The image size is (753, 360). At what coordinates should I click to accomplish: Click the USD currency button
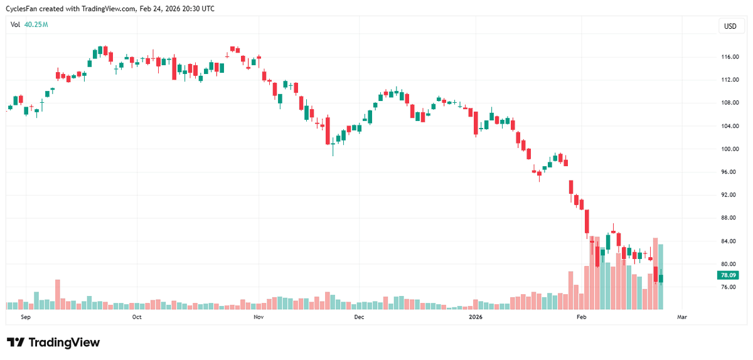[730, 26]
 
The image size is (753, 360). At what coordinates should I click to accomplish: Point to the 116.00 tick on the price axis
[729, 57]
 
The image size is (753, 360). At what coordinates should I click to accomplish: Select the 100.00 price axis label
[729, 149]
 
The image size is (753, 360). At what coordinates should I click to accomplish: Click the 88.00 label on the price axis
[729, 218]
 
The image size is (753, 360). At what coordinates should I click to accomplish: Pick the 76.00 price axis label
[729, 287]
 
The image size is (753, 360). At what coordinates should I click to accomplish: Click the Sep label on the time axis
[26, 317]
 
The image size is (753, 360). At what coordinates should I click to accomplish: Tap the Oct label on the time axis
[137, 317]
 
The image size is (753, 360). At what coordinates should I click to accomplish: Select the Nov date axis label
[257, 317]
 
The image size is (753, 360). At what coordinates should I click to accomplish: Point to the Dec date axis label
[358, 317]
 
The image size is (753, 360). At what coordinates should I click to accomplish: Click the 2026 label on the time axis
[476, 317]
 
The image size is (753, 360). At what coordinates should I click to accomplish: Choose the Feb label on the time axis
[581, 317]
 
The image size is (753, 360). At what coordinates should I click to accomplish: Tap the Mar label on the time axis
[681, 317]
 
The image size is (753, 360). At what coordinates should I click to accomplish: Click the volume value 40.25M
[36, 24]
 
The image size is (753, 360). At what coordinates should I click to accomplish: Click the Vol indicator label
[16, 24]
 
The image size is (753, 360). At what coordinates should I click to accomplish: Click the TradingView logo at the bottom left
[53, 342]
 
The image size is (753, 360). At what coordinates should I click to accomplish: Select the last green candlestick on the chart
[661, 278]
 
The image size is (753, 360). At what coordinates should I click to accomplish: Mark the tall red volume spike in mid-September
[57, 295]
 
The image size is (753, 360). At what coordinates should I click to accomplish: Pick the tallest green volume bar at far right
[661, 277]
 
